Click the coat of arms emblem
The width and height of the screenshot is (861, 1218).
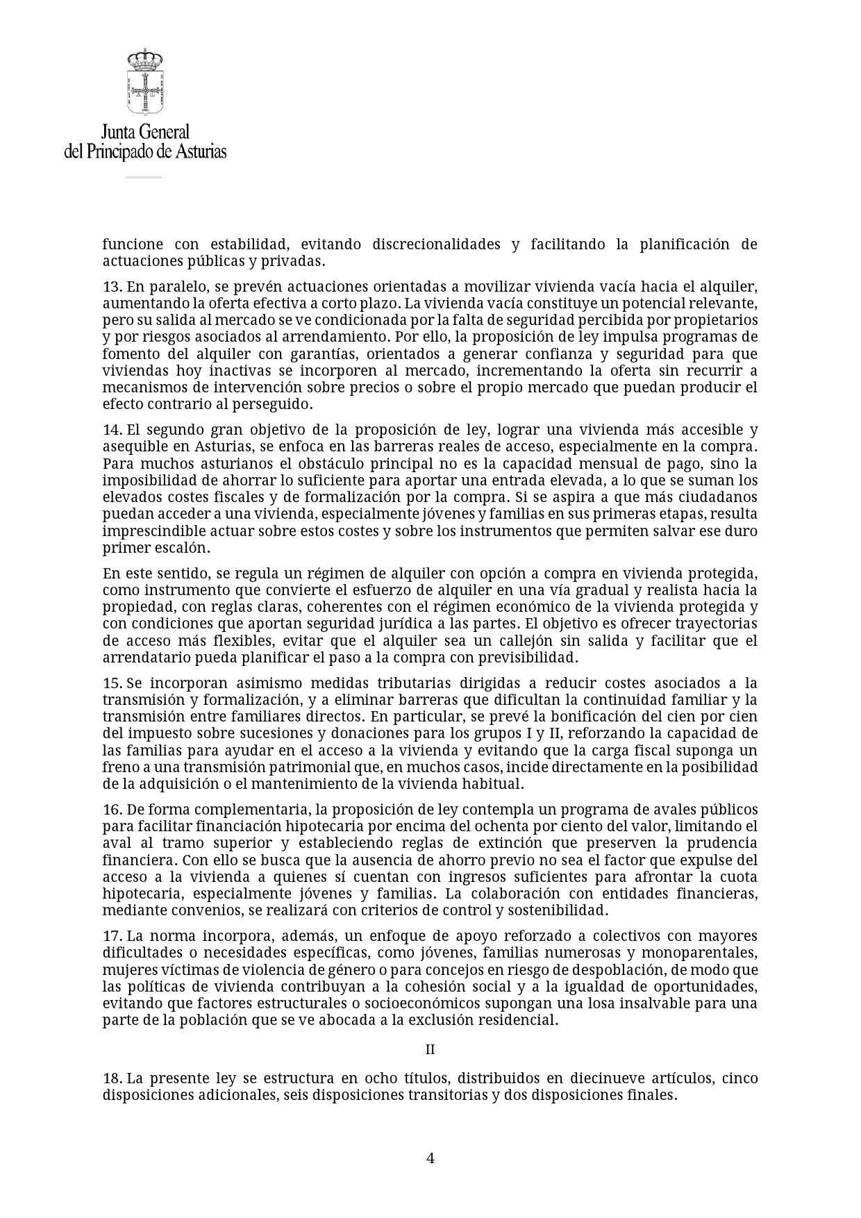pyautogui.click(x=144, y=82)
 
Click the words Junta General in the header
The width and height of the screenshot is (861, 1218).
pyautogui.click(x=145, y=132)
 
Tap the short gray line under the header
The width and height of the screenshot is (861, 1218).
pyautogui.click(x=144, y=177)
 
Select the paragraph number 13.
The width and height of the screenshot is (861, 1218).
pyautogui.click(x=112, y=287)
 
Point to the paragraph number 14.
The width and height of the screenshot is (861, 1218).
pyautogui.click(x=112, y=430)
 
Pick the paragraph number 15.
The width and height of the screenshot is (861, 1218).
pyautogui.click(x=112, y=683)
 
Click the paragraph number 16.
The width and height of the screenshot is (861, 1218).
pyautogui.click(x=112, y=810)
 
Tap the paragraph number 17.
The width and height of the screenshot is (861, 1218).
pyautogui.click(x=112, y=936)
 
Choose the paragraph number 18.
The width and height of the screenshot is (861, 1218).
pyautogui.click(x=112, y=1078)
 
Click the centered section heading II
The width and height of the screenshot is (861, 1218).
pyautogui.click(x=430, y=1050)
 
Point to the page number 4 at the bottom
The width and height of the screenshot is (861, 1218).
pyautogui.click(x=430, y=1158)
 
